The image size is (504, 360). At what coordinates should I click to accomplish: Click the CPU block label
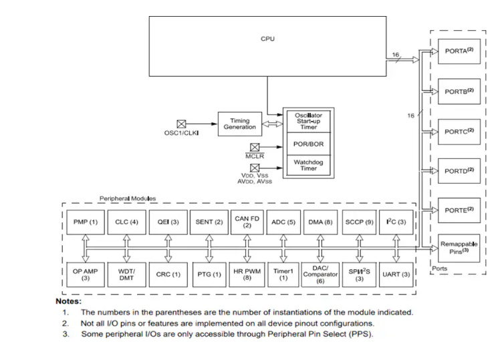[x=267, y=39]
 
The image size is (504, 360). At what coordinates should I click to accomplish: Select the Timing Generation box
[x=239, y=124]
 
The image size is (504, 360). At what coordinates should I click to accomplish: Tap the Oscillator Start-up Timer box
[x=308, y=122]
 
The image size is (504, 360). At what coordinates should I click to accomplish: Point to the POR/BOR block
[x=308, y=144]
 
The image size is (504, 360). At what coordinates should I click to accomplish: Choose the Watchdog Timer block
[x=308, y=164]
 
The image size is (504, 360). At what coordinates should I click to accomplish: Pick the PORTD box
[x=459, y=171]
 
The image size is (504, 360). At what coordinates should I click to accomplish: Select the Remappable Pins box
[x=459, y=248]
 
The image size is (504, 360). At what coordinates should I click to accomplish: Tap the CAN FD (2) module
[x=247, y=222]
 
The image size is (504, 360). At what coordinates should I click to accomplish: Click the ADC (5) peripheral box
[x=283, y=222]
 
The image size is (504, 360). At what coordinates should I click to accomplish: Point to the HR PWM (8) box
[x=247, y=274]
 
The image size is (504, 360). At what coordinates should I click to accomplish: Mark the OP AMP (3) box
[x=85, y=274]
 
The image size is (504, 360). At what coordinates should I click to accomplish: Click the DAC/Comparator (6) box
[x=320, y=274]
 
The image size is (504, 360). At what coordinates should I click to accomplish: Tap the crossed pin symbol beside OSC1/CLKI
[x=181, y=124]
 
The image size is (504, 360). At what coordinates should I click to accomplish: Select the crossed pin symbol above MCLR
[x=255, y=147]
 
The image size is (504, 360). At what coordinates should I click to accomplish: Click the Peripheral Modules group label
[x=128, y=198]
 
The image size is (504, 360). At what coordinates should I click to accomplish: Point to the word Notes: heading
[x=68, y=301]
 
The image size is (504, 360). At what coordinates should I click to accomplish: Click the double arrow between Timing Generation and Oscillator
[x=271, y=124]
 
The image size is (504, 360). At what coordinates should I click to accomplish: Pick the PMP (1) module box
[x=85, y=222]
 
